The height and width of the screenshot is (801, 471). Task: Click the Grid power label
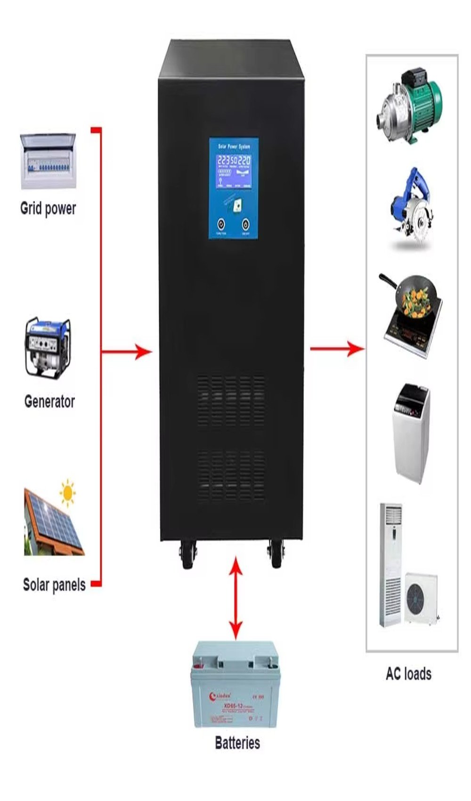(48, 208)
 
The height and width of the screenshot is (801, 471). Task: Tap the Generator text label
(49, 401)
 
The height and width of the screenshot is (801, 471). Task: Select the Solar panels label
(54, 585)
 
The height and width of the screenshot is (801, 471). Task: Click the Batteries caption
(237, 743)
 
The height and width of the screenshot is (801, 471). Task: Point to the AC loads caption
(408, 673)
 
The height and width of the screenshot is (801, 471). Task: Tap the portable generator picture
(48, 348)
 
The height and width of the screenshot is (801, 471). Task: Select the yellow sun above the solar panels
(68, 493)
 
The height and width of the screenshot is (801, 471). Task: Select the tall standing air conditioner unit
(391, 565)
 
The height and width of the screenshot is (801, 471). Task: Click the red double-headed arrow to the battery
(235, 598)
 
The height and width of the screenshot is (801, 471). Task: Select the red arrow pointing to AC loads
(337, 349)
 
